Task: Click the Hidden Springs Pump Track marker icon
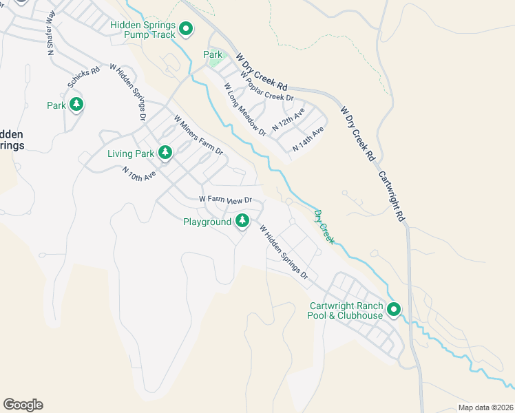(185, 29)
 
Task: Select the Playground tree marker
(242, 221)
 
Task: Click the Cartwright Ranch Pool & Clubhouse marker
(394, 310)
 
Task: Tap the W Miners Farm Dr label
(199, 134)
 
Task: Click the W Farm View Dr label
(227, 200)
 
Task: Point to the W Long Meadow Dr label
(244, 109)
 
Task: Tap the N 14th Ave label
(308, 140)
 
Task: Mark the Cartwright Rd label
(391, 196)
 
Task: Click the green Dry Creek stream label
(324, 226)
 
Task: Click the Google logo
(23, 405)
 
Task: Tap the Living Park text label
(132, 153)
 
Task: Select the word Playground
(207, 222)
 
